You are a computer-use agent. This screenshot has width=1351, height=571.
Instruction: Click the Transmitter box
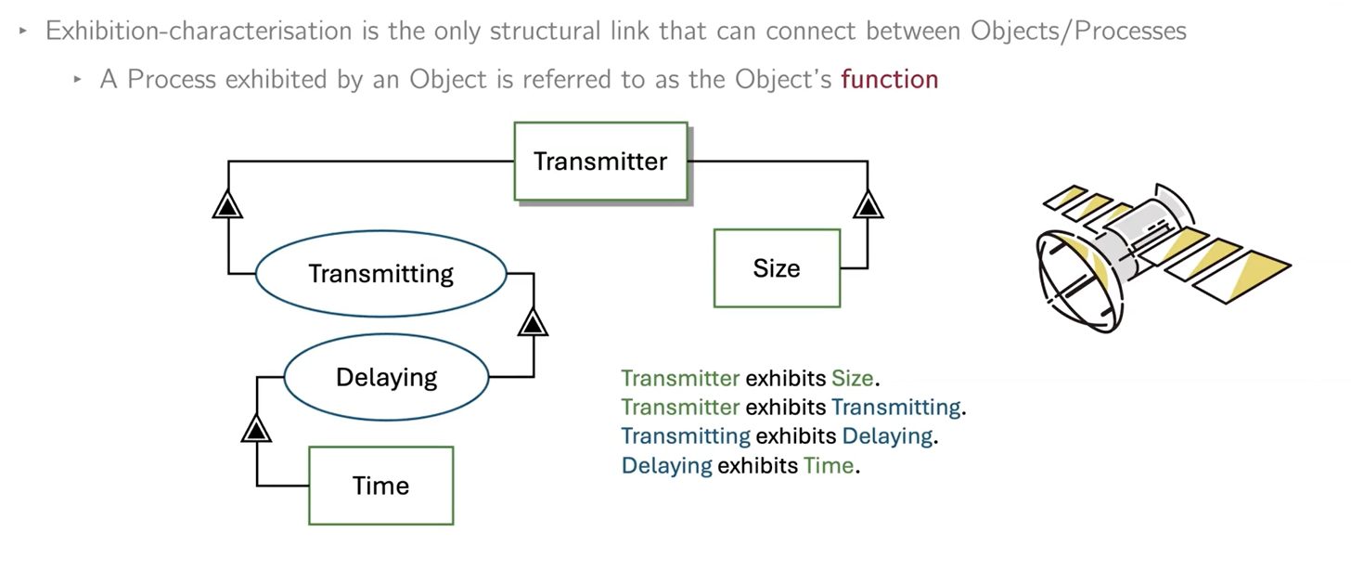pyautogui.click(x=601, y=162)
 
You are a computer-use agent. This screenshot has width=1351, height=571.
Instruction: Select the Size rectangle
pyautogui.click(x=777, y=268)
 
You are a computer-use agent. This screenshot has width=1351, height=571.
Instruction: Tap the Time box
pyautogui.click(x=380, y=486)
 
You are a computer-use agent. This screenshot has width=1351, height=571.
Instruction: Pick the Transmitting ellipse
pyautogui.click(x=380, y=274)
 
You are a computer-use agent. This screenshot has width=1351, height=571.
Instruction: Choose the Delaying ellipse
pyautogui.click(x=386, y=377)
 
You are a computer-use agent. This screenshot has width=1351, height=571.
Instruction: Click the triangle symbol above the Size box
pyautogui.click(x=868, y=203)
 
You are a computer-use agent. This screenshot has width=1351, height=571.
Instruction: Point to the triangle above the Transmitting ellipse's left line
pyautogui.click(x=227, y=203)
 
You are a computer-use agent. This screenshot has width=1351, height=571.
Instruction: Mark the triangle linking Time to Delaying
pyautogui.click(x=255, y=428)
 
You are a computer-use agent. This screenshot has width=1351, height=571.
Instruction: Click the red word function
pyautogui.click(x=889, y=80)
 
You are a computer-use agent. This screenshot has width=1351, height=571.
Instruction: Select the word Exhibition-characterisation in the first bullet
pyautogui.click(x=171, y=31)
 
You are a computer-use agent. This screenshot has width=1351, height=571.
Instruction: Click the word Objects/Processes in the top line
pyautogui.click(x=1078, y=31)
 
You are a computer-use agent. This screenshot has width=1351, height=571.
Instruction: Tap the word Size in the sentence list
pyautogui.click(x=852, y=379)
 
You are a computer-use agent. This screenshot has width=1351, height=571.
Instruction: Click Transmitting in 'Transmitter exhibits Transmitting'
pyautogui.click(x=895, y=408)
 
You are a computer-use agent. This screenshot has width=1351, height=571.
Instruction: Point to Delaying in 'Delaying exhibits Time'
pyautogui.click(x=666, y=466)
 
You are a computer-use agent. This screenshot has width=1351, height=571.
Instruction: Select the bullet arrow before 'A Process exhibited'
pyautogui.click(x=78, y=81)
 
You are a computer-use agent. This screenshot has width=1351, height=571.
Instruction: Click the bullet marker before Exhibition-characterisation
pyautogui.click(x=23, y=31)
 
